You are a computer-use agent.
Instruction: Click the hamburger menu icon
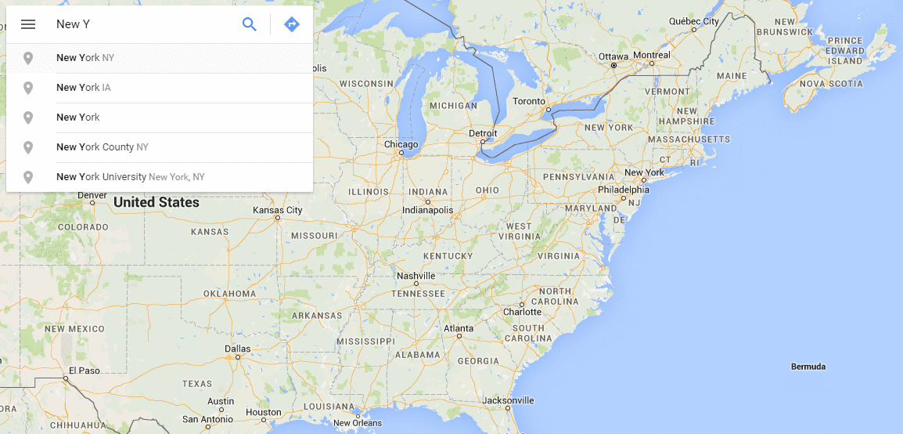[28, 24]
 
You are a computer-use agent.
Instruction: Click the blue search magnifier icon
[250, 24]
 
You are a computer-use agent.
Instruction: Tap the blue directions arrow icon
[292, 24]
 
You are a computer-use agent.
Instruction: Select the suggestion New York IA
[84, 88]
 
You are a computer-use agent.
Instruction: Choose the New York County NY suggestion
[103, 147]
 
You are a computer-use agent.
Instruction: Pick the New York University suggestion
[130, 177]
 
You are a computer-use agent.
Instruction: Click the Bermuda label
[808, 367]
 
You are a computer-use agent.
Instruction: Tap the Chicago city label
[401, 144]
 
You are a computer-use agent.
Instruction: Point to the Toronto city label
[529, 102]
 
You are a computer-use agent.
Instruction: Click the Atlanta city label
[459, 328]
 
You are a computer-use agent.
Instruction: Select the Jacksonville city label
[507, 400]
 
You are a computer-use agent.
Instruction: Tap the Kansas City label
[277, 210]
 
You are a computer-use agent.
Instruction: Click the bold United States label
[156, 202]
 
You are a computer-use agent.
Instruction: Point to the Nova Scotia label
[831, 84]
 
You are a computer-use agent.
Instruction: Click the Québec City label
[693, 22]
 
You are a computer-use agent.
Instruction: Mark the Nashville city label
[416, 276]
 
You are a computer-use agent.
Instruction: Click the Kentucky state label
[448, 256]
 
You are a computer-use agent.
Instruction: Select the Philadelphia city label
[623, 190]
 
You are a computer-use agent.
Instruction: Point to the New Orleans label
[357, 423]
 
